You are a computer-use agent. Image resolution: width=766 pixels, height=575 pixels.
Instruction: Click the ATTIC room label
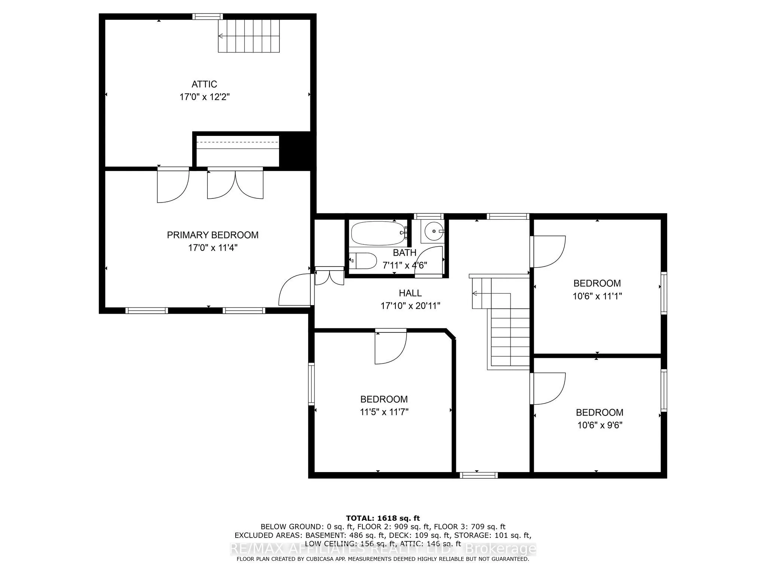(204, 84)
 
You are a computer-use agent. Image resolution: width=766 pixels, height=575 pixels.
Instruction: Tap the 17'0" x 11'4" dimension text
(213, 248)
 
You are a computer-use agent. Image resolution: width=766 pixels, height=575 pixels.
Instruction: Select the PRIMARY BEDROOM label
(212, 235)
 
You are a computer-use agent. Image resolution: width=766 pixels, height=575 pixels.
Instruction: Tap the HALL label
(410, 293)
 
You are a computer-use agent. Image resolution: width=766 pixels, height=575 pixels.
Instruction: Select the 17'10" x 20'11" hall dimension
(410, 306)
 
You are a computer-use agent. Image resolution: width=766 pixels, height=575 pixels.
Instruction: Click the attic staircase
(249, 36)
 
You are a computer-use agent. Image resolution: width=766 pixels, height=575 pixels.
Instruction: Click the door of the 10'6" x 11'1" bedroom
(548, 252)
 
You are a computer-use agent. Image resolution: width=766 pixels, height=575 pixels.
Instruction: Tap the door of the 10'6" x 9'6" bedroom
(548, 389)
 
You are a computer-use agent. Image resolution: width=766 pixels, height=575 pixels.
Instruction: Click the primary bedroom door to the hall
(294, 290)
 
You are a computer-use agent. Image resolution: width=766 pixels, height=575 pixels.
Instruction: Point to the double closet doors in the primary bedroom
(235, 185)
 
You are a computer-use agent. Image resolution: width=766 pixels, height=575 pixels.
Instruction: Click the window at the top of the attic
(208, 16)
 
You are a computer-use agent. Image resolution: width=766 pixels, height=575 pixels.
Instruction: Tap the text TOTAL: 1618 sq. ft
(383, 518)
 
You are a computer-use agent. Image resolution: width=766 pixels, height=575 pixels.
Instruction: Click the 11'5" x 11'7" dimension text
(384, 412)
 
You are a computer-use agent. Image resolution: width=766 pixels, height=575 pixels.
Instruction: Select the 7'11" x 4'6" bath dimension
(405, 265)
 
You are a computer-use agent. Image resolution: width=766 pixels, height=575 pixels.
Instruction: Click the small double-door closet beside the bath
(329, 277)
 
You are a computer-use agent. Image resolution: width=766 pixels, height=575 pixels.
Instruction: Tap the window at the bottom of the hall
(478, 475)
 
